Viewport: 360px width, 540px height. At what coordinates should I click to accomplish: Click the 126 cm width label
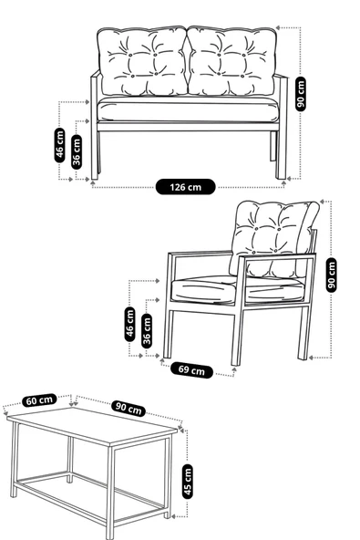click(x=185, y=186)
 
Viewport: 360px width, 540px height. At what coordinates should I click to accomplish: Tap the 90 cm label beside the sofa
click(x=301, y=93)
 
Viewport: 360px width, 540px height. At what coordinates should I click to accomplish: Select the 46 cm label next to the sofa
click(x=60, y=144)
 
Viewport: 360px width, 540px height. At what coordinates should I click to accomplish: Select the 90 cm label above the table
click(x=129, y=409)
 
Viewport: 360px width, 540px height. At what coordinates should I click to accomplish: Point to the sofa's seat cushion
click(x=187, y=109)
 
